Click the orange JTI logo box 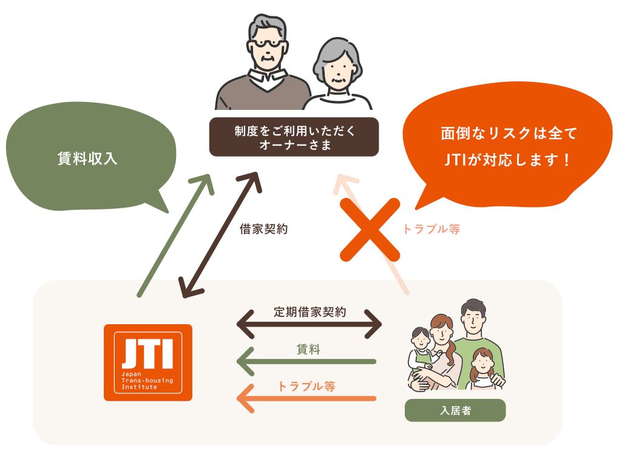(x=147, y=362)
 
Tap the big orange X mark (x=370, y=229)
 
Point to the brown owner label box (x=294, y=137)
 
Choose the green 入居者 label (x=455, y=410)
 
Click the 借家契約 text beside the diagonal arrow (x=263, y=229)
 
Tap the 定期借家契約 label (x=310, y=312)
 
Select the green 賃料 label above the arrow (x=308, y=349)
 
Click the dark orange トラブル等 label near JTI (x=306, y=386)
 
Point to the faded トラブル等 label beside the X (x=431, y=229)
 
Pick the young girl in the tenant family (x=482, y=369)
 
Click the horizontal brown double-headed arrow (x=309, y=325)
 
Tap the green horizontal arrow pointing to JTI (x=306, y=361)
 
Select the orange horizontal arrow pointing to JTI (x=306, y=398)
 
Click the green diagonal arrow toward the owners (x=175, y=235)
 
